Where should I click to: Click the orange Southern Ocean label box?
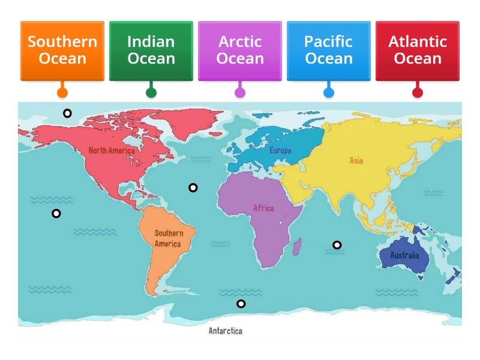[x=62, y=50]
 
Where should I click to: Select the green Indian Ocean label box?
[x=151, y=50]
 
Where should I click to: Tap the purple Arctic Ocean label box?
[x=240, y=50]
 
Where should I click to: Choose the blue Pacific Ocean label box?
[x=329, y=50]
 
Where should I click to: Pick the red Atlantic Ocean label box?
[x=418, y=50]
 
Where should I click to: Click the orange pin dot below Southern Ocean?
[x=62, y=93]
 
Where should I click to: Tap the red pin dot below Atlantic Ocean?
[x=418, y=93]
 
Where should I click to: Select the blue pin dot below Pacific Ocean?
[x=329, y=93]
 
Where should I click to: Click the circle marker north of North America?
[x=67, y=113]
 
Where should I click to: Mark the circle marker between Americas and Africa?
[x=193, y=188]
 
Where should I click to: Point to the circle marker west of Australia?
[x=337, y=245]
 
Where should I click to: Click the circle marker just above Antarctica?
[x=241, y=304]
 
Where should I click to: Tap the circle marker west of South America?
[x=56, y=214]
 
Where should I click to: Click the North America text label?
[x=112, y=151]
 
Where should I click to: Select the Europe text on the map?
[x=280, y=151]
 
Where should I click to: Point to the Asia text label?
[x=356, y=161]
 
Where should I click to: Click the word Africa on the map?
[x=263, y=208]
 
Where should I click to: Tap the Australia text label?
[x=405, y=256]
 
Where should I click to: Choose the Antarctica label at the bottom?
[x=226, y=331]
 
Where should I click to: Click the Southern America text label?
[x=167, y=238]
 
